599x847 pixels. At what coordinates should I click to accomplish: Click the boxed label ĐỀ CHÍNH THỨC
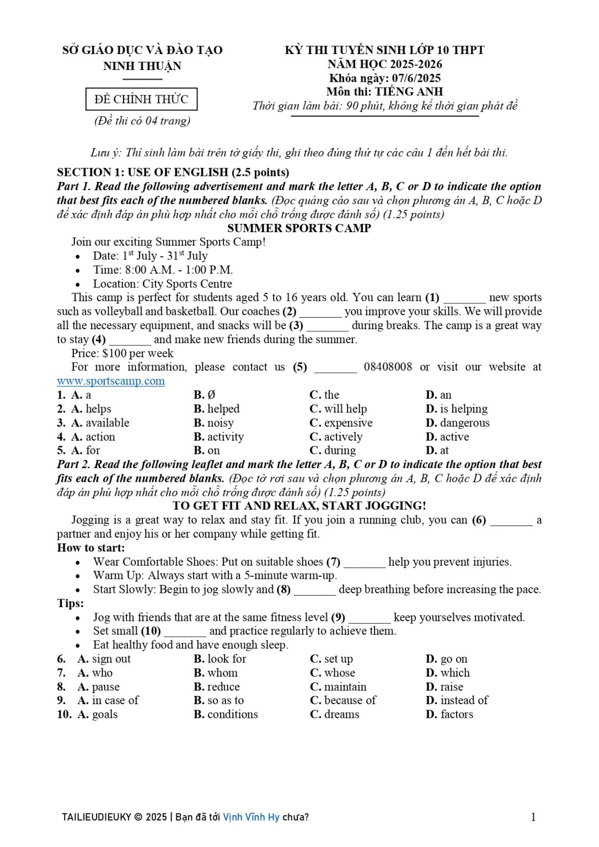click(x=141, y=99)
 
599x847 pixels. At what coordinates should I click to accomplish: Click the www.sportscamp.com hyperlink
click(x=111, y=381)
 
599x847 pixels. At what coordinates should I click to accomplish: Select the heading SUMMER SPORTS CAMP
click(x=299, y=228)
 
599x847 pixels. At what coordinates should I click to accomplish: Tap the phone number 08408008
click(x=388, y=367)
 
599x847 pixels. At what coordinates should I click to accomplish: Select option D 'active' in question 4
click(x=454, y=437)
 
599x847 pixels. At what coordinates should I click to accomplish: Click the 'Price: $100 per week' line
click(x=122, y=353)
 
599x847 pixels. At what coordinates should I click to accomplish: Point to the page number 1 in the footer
click(x=533, y=817)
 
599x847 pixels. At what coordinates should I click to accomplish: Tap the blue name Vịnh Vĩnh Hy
click(x=251, y=817)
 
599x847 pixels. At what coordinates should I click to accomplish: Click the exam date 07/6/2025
click(x=416, y=78)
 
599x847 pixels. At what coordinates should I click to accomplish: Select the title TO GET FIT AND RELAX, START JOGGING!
click(x=299, y=506)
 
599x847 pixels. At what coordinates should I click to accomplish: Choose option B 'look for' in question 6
click(x=226, y=659)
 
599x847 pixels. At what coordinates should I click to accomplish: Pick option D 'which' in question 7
click(x=455, y=673)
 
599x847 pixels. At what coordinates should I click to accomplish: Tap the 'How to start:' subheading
click(x=91, y=548)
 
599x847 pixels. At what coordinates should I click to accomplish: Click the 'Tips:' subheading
click(x=71, y=603)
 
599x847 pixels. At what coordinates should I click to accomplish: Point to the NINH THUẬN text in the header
click(x=142, y=66)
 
